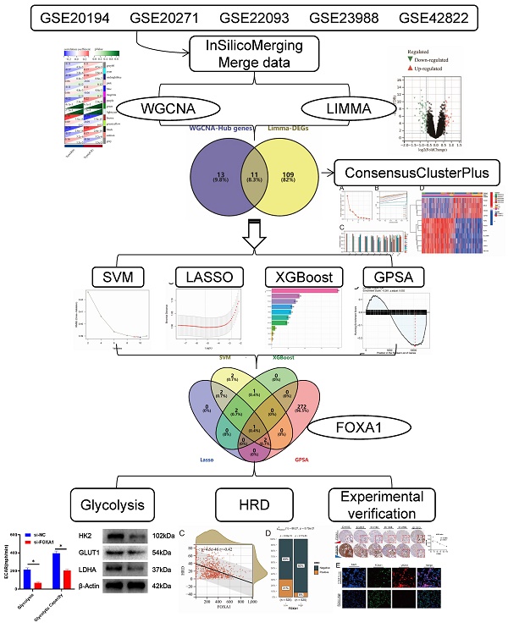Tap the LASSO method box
[208, 277]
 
